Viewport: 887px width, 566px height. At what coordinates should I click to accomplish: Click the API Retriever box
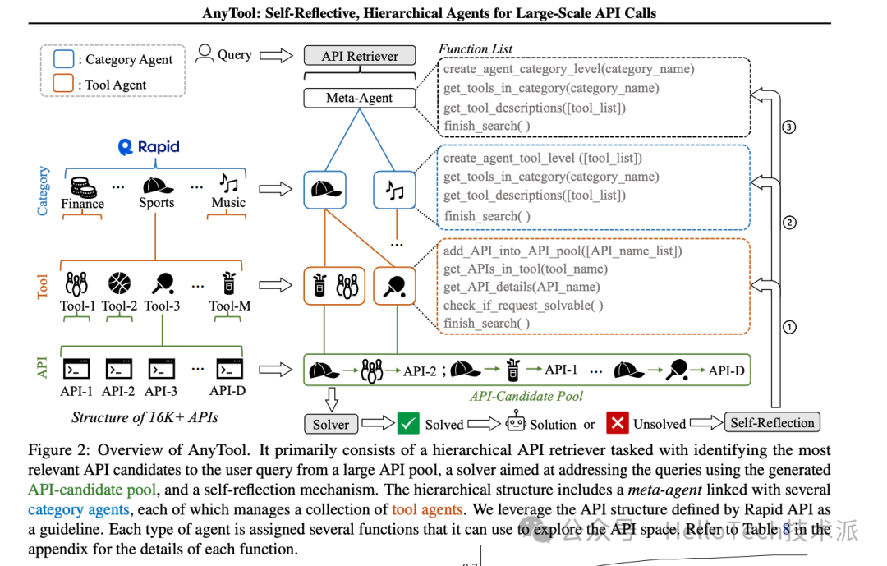click(360, 56)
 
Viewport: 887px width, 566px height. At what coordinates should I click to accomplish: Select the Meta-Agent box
click(360, 98)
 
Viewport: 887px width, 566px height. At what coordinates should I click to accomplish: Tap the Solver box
click(331, 424)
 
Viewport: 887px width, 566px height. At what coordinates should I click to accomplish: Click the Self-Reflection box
click(773, 423)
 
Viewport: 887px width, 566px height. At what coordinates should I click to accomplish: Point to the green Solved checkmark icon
click(408, 423)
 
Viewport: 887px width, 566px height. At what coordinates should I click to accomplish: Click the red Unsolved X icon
click(618, 423)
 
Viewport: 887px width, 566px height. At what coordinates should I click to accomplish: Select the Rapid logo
click(148, 148)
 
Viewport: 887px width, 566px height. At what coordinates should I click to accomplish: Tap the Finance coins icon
click(81, 185)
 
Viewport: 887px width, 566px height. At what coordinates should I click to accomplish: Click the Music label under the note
click(228, 203)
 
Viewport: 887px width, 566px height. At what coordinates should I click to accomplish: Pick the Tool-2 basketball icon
click(120, 284)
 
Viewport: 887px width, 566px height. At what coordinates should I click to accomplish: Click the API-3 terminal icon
click(161, 370)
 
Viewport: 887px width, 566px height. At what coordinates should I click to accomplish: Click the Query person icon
click(204, 54)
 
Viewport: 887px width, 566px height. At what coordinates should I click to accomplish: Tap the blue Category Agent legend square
click(63, 59)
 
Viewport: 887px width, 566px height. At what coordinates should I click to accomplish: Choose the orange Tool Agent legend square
click(63, 84)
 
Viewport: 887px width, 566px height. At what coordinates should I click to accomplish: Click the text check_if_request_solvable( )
click(524, 306)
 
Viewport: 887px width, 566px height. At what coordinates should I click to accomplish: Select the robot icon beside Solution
click(516, 423)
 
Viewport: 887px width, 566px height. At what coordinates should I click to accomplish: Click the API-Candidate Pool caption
click(526, 396)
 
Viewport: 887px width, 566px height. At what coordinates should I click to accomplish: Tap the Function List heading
click(476, 48)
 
